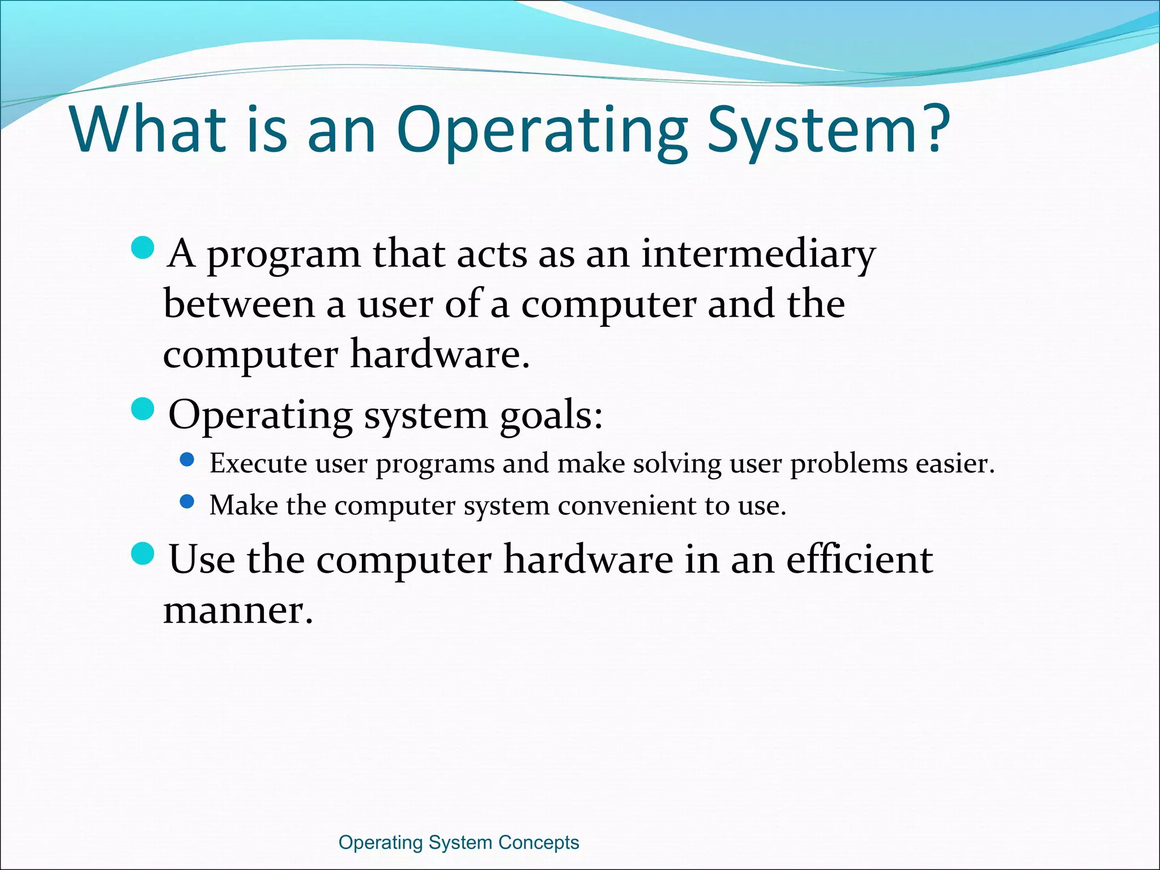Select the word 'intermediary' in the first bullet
pos(758,255)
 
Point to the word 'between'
pos(239,304)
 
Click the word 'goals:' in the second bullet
pos(551,416)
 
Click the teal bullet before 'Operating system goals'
pos(143,409)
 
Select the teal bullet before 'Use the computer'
pos(143,553)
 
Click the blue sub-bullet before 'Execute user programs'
pos(187,459)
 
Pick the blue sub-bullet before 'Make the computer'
pos(187,501)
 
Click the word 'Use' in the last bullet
pos(202,559)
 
